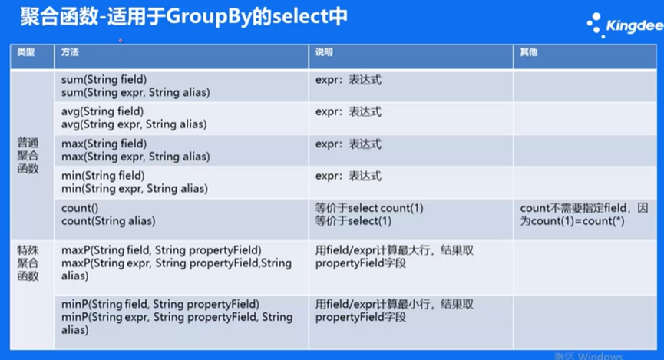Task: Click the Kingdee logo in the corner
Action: tap(625, 25)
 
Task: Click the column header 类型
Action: tap(26, 52)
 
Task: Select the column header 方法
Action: tap(70, 52)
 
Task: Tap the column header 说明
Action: tap(324, 52)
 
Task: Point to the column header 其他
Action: tap(529, 52)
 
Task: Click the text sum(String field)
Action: tap(104, 79)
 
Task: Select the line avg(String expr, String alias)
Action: tap(134, 124)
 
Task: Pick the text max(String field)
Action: tap(104, 144)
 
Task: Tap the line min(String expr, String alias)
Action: tap(134, 189)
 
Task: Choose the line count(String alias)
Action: tap(108, 220)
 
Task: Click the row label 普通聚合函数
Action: tap(28, 155)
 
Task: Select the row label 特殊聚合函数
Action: tap(28, 263)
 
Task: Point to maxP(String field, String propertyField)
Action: tap(161, 250)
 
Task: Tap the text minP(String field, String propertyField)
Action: tap(160, 304)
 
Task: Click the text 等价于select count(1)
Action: tap(369, 208)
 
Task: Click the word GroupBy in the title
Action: tap(209, 17)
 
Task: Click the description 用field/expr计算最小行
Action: tap(372, 304)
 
